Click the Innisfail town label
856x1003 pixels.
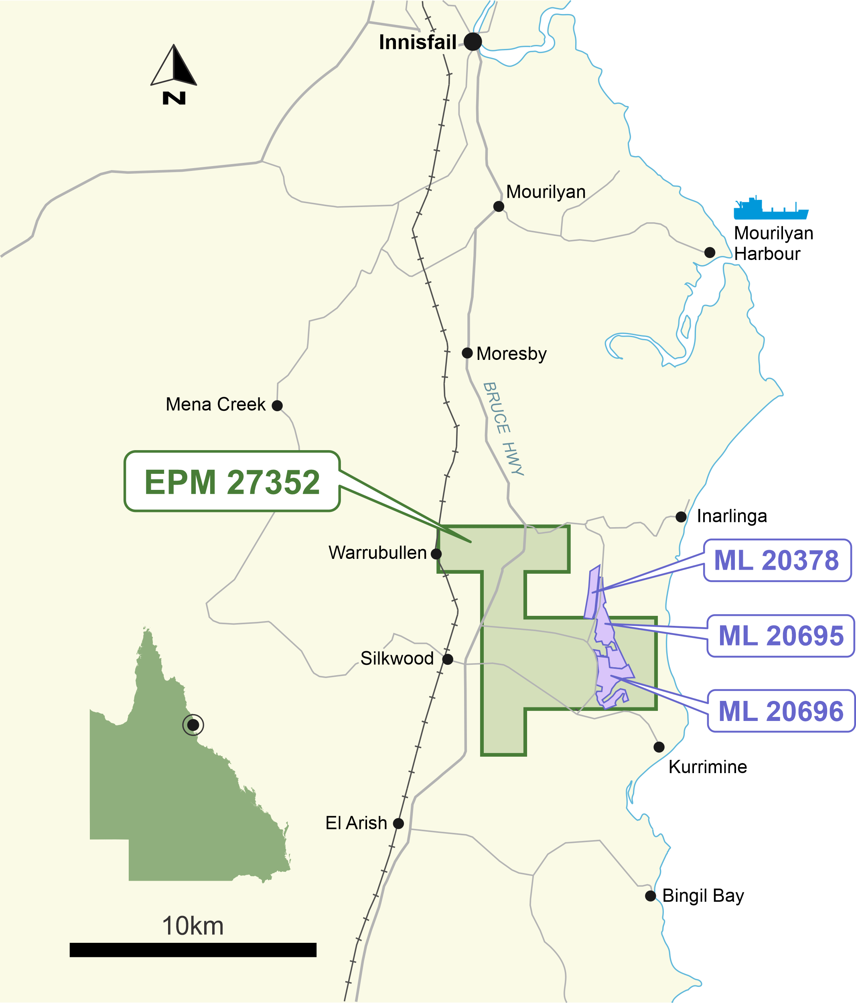(417, 43)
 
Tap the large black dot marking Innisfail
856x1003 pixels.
(473, 42)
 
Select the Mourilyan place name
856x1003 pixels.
(546, 192)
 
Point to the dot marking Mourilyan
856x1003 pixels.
(499, 207)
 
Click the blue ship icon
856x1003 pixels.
(770, 209)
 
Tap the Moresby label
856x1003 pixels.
(511, 354)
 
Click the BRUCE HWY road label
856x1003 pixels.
(503, 428)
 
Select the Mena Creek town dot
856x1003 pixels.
(277, 406)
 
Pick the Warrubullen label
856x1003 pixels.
(377, 553)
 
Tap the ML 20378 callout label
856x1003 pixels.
(777, 560)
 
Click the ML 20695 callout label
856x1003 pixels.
(781, 636)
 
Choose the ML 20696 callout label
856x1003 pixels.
(781, 711)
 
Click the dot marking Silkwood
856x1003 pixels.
(448, 659)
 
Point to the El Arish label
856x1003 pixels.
(356, 823)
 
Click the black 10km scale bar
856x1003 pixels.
(193, 950)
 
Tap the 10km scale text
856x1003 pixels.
(193, 926)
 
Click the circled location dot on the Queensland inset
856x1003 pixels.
(193, 725)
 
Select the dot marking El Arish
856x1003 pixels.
(399, 823)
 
